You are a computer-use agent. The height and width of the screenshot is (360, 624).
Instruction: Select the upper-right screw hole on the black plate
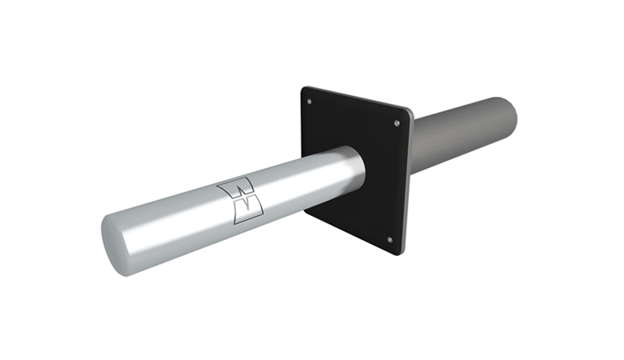click(x=398, y=122)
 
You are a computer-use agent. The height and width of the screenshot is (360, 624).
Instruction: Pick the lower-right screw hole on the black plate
click(x=389, y=239)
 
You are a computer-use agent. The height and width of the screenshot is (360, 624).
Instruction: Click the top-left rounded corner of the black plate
click(x=304, y=90)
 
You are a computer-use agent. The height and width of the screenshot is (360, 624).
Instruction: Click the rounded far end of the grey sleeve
click(x=509, y=114)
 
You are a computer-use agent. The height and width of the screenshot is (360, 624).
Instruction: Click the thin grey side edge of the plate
click(x=407, y=184)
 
